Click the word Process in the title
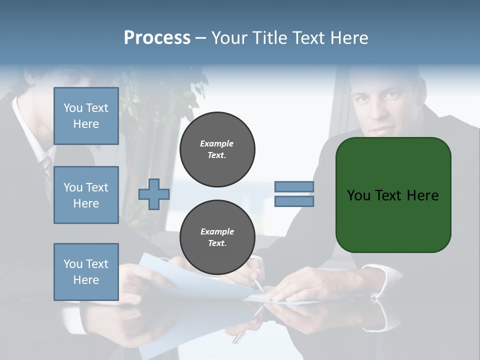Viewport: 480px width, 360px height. [157, 38]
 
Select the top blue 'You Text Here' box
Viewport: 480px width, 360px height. [86, 116]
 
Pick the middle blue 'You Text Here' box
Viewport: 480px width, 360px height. [86, 195]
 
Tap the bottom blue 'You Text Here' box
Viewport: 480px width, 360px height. [86, 272]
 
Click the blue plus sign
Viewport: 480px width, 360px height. [154, 194]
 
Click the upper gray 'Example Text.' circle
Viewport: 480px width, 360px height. [217, 149]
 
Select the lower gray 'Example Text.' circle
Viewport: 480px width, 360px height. [217, 237]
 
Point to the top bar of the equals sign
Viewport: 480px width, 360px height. [294, 187]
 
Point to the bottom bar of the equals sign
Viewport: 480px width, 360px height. [294, 201]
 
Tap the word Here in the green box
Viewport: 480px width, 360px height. [422, 195]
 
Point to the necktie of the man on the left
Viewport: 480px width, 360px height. [46, 170]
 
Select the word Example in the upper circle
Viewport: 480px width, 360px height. [217, 143]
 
